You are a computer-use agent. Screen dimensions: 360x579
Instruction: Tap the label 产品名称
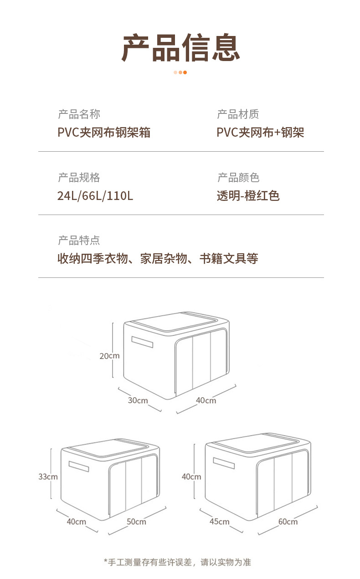(x=79, y=114)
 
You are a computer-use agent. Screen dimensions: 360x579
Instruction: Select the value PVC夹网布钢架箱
(x=104, y=133)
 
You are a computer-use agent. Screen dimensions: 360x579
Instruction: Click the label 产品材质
(x=238, y=114)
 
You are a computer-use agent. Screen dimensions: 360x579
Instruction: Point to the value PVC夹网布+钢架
(x=260, y=133)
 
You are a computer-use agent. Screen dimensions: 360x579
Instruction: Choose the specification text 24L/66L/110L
(x=95, y=196)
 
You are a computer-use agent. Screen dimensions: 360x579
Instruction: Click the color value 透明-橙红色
(x=248, y=196)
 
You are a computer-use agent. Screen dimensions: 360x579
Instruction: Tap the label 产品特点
(x=79, y=240)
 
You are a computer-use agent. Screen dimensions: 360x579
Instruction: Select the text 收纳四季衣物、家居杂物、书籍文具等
(x=158, y=259)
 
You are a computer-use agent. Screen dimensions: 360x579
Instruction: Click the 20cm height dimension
(x=109, y=356)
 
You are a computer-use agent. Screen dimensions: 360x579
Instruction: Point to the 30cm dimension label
(x=138, y=400)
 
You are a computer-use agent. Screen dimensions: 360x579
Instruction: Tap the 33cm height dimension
(x=48, y=477)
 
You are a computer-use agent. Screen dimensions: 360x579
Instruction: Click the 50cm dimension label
(x=136, y=522)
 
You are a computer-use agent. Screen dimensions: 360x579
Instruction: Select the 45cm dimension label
(x=220, y=522)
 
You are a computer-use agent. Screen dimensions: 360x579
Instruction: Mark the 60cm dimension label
(x=288, y=522)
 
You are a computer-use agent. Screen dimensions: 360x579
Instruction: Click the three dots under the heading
(x=180, y=72)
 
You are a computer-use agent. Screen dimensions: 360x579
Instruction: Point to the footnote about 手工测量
(x=178, y=562)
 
